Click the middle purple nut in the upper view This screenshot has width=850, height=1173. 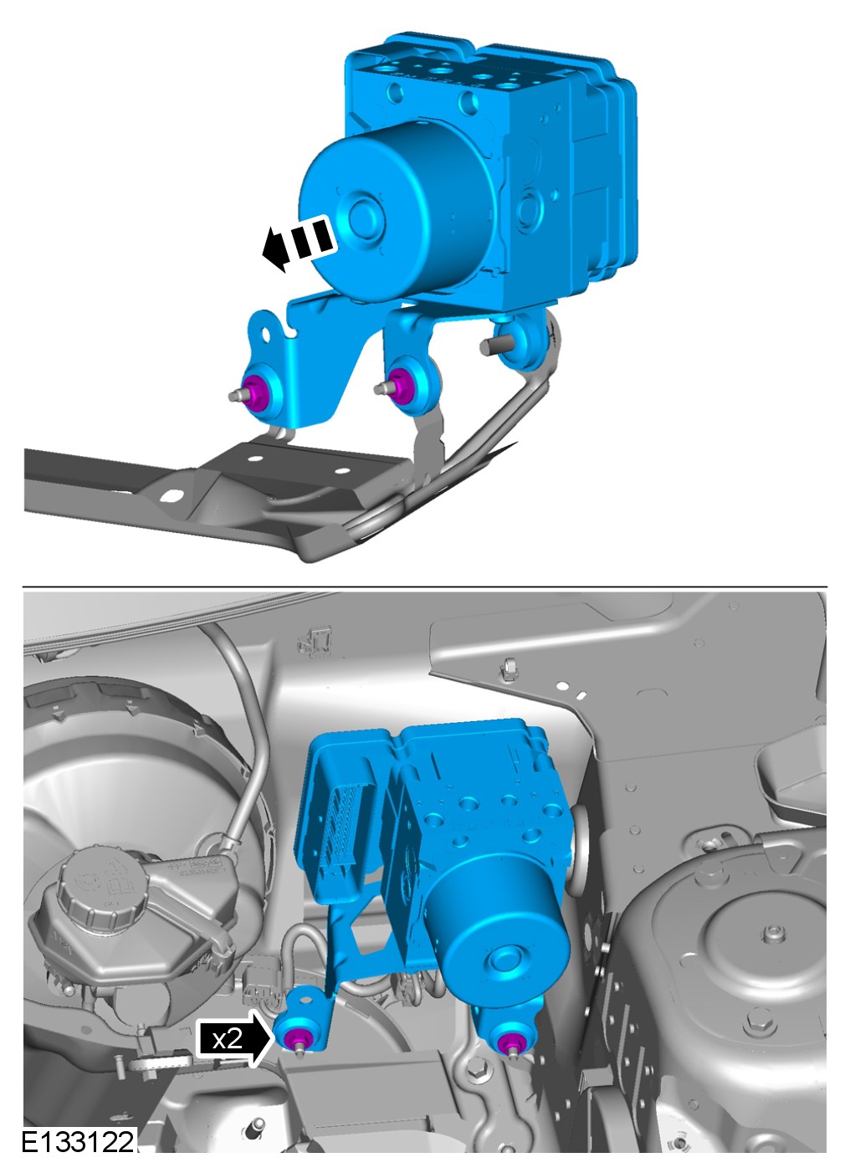click(x=402, y=387)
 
